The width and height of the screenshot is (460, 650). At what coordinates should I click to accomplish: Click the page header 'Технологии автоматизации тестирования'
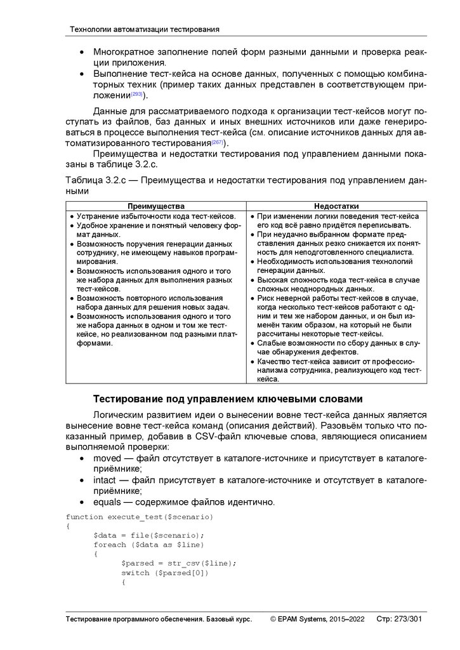[x=144, y=29]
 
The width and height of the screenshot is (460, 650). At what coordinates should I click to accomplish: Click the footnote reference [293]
[x=136, y=95]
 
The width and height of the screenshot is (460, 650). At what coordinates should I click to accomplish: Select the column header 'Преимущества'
[x=156, y=206]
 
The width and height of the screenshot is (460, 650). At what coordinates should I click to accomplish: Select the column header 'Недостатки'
[x=336, y=206]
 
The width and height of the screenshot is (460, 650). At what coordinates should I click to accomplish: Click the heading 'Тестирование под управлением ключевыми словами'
[x=228, y=399]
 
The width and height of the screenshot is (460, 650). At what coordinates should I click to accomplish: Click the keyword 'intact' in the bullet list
[x=105, y=480]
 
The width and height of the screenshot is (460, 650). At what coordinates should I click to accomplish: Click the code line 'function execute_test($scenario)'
[x=140, y=517]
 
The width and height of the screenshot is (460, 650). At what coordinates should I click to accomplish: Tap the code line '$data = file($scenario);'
[x=148, y=535]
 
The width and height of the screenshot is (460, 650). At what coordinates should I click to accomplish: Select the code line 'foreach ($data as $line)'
[x=148, y=545]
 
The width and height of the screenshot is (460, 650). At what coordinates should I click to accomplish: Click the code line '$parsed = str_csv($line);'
[x=179, y=563]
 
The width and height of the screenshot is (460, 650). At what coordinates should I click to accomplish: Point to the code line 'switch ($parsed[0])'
[x=165, y=573]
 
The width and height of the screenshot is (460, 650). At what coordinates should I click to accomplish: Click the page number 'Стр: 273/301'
[x=399, y=619]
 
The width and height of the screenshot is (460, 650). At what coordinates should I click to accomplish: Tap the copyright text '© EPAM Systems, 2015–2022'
[x=317, y=619]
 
